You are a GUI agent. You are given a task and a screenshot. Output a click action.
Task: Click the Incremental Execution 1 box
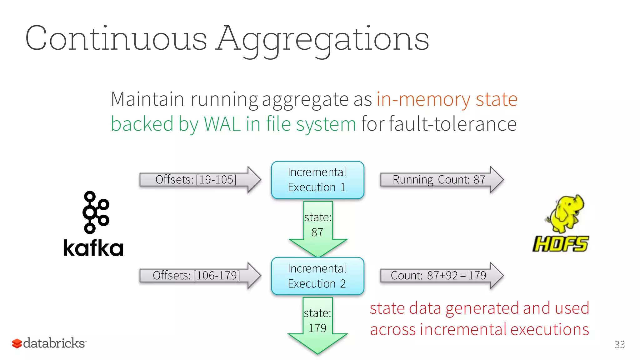coord(317,180)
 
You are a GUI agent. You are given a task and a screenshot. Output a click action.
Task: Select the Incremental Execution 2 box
coord(317,276)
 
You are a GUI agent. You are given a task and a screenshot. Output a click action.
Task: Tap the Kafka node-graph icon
coord(95,212)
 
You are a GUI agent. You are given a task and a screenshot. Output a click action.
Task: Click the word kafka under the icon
coord(93,248)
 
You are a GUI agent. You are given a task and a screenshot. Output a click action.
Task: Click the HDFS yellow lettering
coord(561,244)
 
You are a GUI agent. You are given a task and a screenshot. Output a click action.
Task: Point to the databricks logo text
coord(54,343)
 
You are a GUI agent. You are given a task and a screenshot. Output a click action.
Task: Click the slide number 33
coord(619,344)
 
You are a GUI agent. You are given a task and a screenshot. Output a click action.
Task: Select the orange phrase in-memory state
coord(447,99)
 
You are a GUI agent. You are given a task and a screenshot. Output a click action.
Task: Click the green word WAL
coord(222,124)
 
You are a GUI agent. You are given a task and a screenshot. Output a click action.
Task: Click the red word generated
coord(482,308)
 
